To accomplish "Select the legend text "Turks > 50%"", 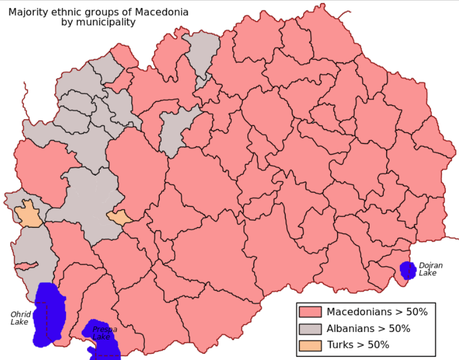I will tap(358, 345).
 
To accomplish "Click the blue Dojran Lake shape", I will tap(407, 270).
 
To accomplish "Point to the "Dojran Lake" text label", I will tap(431, 269).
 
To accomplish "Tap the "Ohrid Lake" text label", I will tap(20, 318).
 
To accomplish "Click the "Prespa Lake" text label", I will tap(104, 331).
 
